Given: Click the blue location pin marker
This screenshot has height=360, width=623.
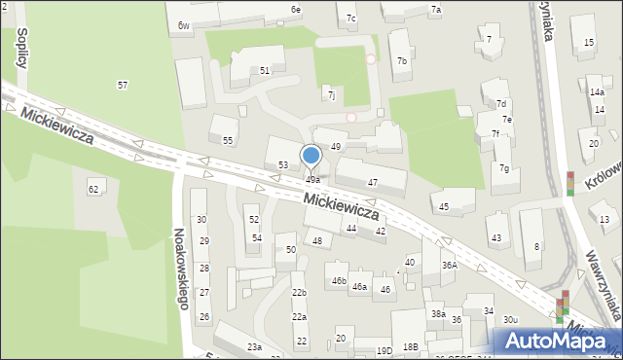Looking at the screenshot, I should click(311, 156).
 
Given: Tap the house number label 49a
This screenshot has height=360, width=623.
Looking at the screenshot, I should click(312, 180).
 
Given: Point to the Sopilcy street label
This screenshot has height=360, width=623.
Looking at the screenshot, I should click(20, 47).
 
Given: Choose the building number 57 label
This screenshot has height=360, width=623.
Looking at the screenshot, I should click(123, 86).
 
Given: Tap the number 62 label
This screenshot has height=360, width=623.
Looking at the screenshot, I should click(93, 188).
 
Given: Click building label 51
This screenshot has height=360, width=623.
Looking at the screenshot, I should click(265, 71).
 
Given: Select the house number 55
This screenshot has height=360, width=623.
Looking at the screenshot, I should click(228, 141).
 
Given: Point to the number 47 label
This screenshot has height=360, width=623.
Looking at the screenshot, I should click(372, 183).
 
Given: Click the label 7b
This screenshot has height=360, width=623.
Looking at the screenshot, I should click(402, 60).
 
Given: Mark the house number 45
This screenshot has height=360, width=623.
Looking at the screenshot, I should click(444, 206).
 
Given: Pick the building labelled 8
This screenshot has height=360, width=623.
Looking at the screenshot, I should click(536, 247).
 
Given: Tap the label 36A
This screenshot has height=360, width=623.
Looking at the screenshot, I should click(449, 265).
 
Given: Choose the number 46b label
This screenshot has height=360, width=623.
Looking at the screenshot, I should click(339, 281).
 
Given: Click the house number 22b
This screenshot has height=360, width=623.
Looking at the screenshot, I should click(299, 292).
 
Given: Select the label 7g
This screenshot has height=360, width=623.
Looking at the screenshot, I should click(504, 168).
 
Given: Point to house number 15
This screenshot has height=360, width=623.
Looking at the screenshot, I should click(589, 43).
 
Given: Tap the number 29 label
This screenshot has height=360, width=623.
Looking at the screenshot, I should click(204, 241).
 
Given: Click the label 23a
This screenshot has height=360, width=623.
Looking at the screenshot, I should click(254, 347).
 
